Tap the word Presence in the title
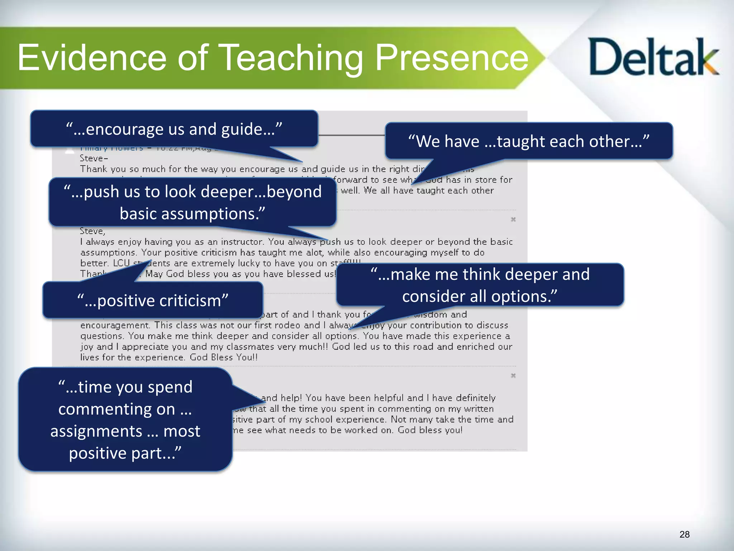click(x=452, y=57)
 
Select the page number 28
click(x=684, y=534)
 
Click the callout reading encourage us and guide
click(x=174, y=129)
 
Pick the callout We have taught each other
click(x=529, y=141)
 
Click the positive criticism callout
click(x=153, y=301)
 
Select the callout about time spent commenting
click(x=125, y=420)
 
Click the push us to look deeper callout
click(x=192, y=203)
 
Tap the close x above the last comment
click(x=513, y=376)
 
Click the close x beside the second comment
click(x=513, y=219)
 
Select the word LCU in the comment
click(x=121, y=263)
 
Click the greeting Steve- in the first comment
click(x=94, y=158)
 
